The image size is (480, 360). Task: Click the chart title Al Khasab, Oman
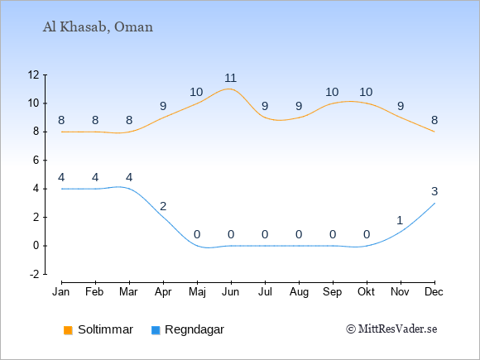click(x=98, y=27)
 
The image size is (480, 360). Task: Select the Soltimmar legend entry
click(x=98, y=329)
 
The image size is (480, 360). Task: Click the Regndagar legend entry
click(x=188, y=329)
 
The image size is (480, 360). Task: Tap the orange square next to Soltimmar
click(x=68, y=330)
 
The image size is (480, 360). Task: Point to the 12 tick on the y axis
click(x=34, y=74)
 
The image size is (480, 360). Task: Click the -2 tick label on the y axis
click(x=35, y=274)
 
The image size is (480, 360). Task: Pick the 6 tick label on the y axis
click(x=36, y=160)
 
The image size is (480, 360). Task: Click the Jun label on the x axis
click(x=231, y=292)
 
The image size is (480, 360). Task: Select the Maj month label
click(x=197, y=292)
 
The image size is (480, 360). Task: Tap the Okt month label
click(x=367, y=292)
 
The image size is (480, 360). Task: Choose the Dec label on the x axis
click(x=434, y=292)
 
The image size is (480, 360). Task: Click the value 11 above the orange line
click(x=231, y=78)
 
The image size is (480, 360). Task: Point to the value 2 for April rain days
click(x=163, y=206)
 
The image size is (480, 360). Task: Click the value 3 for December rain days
click(x=434, y=191)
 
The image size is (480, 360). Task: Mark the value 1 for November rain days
click(x=400, y=220)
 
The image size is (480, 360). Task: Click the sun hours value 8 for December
click(x=434, y=120)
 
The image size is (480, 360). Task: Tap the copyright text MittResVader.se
click(x=391, y=329)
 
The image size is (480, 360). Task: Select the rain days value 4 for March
click(x=129, y=178)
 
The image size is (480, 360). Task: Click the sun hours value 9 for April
click(x=163, y=106)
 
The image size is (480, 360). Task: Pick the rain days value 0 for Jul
click(x=265, y=235)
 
